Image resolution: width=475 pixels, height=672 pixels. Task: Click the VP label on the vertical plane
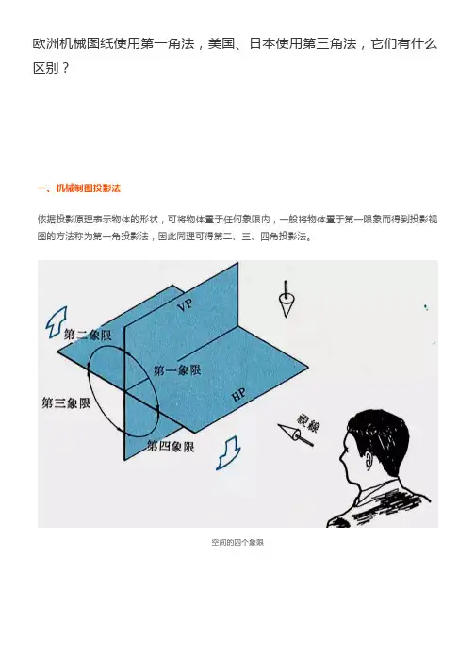pyautogui.click(x=186, y=304)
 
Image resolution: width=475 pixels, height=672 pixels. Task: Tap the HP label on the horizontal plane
pyautogui.click(x=238, y=395)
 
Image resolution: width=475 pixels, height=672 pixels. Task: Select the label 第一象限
pyautogui.click(x=177, y=369)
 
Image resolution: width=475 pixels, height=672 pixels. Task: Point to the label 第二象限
pyautogui.click(x=88, y=335)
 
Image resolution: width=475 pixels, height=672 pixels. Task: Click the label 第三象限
pyautogui.click(x=66, y=402)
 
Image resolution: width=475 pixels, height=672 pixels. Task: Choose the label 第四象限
pyautogui.click(x=171, y=446)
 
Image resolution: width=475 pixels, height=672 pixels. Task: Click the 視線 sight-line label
pyautogui.click(x=307, y=423)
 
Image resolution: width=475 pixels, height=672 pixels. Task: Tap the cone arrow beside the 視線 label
pyautogui.click(x=295, y=435)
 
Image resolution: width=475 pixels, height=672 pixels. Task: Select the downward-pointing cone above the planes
pyautogui.click(x=286, y=299)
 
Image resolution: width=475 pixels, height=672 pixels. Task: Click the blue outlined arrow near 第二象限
pyautogui.click(x=57, y=321)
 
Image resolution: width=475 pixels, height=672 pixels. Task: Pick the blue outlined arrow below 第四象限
pyautogui.click(x=228, y=452)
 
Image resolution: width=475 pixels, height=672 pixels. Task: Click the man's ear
pyautogui.click(x=368, y=460)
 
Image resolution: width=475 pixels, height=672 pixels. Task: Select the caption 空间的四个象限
pyautogui.click(x=237, y=542)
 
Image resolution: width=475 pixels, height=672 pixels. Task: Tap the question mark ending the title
pyautogui.click(x=65, y=68)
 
